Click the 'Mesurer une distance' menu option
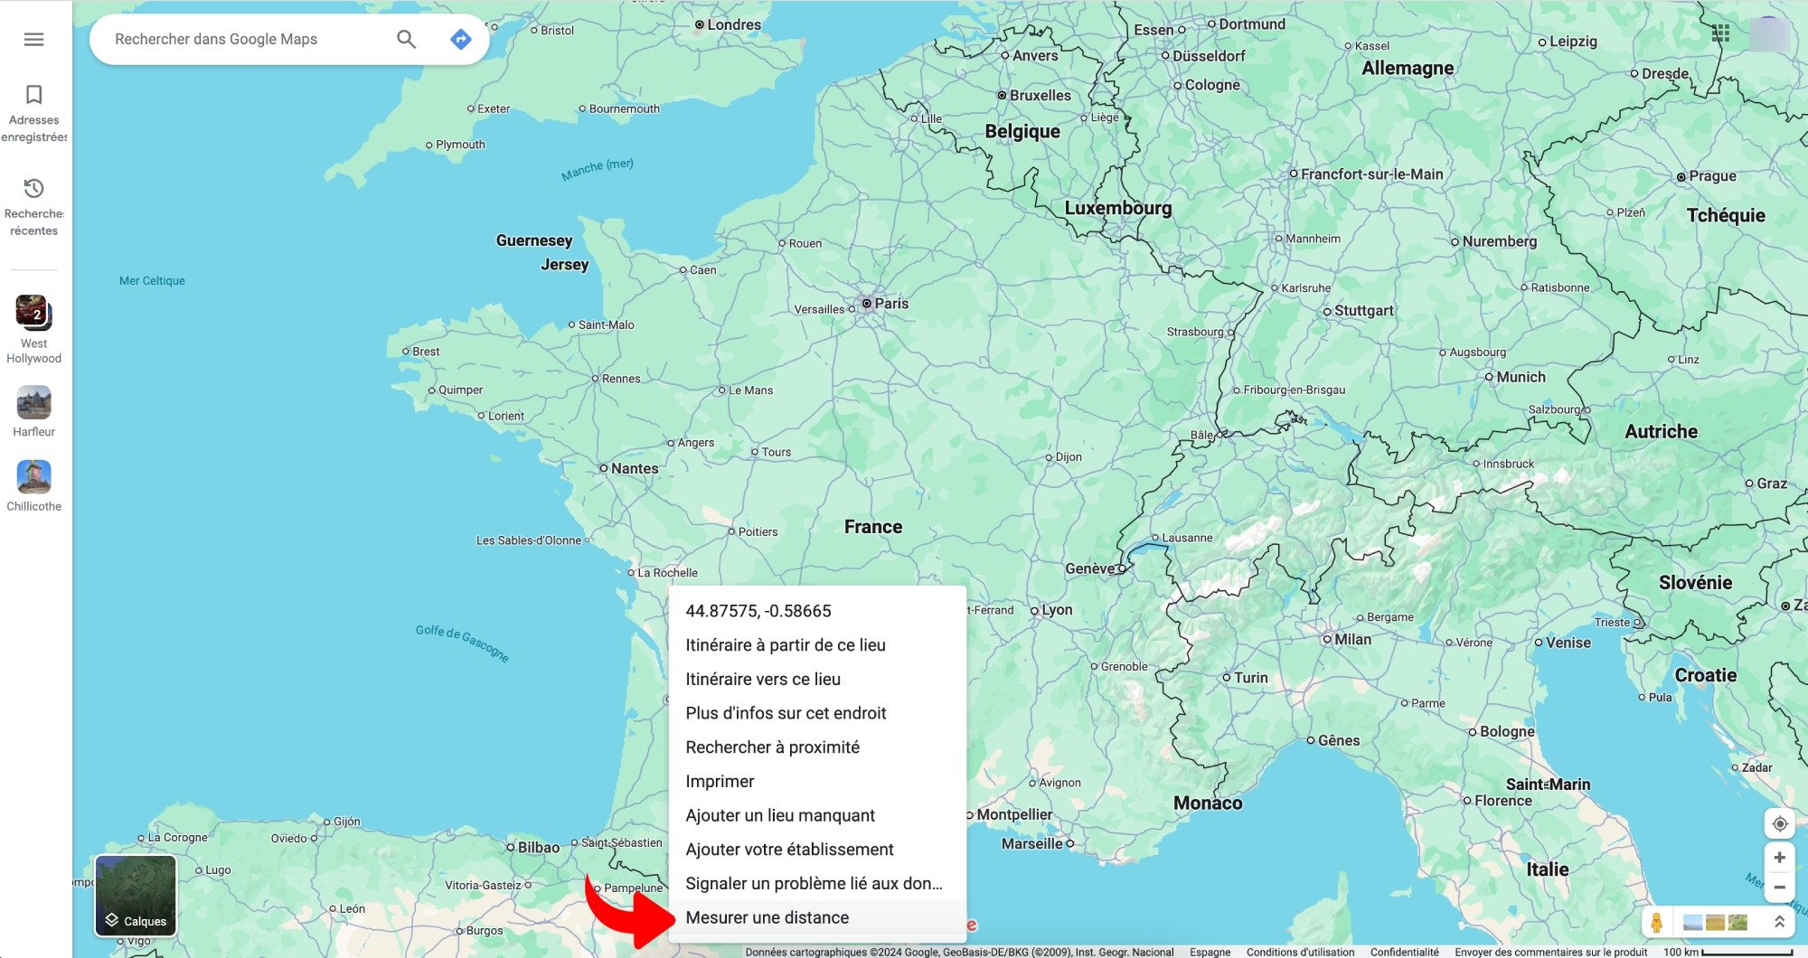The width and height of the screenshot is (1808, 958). (x=767, y=917)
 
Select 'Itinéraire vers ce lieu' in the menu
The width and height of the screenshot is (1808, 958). (x=763, y=679)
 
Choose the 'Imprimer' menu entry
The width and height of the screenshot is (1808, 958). (x=720, y=781)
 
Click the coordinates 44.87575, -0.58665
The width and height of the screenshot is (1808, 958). (x=758, y=611)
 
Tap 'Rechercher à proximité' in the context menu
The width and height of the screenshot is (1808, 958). (x=772, y=747)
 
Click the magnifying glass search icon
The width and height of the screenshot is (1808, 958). (x=407, y=39)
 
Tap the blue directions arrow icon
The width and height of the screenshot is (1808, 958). (x=461, y=39)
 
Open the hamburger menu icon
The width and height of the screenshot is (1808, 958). (x=33, y=39)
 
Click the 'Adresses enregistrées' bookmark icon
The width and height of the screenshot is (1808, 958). (x=33, y=95)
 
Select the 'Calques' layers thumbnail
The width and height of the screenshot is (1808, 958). (x=136, y=895)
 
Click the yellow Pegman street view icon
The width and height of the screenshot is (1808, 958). (x=1656, y=922)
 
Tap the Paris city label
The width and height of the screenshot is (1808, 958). (x=890, y=304)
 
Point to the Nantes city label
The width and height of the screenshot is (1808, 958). (x=634, y=468)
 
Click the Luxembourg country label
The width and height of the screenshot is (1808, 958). (x=1117, y=208)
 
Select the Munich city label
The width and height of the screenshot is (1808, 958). (x=1521, y=377)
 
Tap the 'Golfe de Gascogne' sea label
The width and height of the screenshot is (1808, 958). (x=462, y=643)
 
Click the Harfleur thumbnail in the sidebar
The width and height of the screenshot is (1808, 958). (x=33, y=403)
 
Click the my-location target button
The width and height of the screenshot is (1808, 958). (x=1779, y=823)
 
